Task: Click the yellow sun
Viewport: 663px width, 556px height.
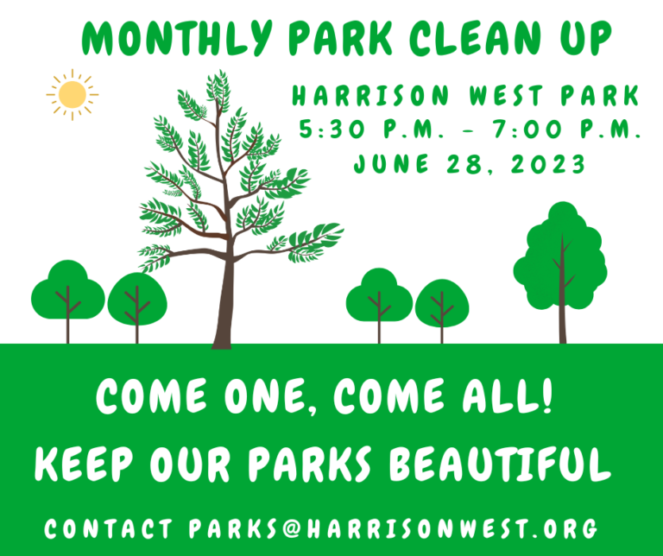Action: point(73,95)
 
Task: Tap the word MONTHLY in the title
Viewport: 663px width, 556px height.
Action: point(177,38)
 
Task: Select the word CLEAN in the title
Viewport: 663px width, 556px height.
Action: point(476,38)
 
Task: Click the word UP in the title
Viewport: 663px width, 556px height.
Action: point(586,38)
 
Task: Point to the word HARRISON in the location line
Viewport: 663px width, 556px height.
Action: point(370,96)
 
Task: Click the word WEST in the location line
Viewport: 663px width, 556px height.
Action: point(506,96)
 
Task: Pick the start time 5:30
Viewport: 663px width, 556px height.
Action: point(331,129)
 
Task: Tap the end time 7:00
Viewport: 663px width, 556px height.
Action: point(525,129)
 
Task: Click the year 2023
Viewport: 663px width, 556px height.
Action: point(548,164)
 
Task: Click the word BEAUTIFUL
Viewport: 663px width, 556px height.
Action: point(500,464)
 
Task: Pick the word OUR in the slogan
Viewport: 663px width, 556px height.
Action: point(190,464)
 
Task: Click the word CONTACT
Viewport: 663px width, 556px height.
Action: point(108,529)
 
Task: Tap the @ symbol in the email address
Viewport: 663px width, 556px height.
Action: point(291,529)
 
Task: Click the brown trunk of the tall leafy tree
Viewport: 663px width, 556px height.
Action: point(224,305)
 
